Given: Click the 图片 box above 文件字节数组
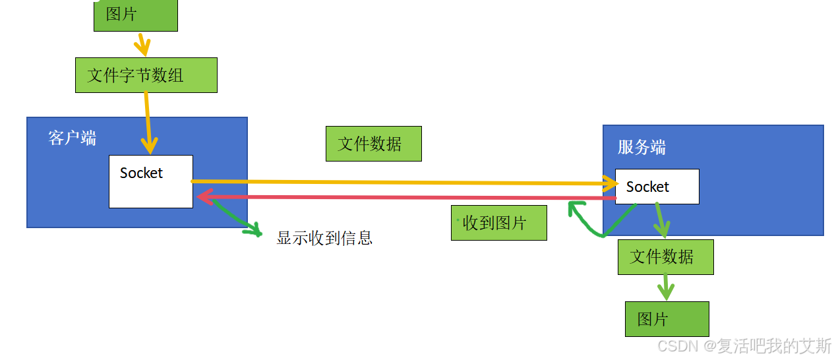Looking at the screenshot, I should coord(135,15).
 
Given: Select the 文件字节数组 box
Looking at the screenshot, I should coord(146,75).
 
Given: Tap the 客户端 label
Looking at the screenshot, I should coord(72,138).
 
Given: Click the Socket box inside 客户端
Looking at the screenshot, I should coord(150,181).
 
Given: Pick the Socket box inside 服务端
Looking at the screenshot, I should coord(657,187).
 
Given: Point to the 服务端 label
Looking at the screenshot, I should coord(641,147).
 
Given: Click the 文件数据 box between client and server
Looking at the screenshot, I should coord(373,144).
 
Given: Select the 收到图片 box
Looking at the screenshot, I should coord(498,223).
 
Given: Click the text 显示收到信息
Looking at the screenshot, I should coord(324,238).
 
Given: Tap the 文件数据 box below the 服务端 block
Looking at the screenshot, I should coord(665,256).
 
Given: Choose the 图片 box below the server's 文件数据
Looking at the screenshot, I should coord(667,319).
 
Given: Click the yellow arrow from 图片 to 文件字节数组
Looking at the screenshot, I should coord(141,44).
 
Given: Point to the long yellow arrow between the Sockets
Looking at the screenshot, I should coord(402,182).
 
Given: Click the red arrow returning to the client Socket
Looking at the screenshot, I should coord(402,197).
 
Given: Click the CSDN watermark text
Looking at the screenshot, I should coord(744,345).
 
